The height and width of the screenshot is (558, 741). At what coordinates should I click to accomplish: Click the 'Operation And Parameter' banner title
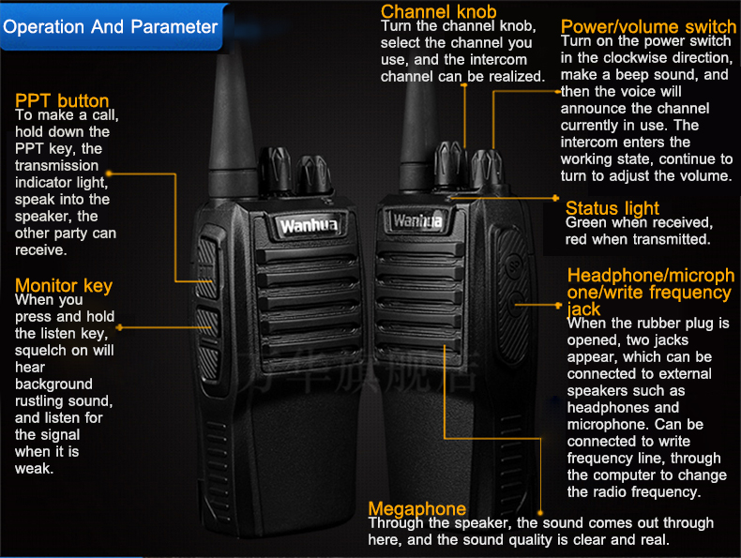[111, 26]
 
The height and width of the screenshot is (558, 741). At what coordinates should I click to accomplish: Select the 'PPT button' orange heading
[62, 100]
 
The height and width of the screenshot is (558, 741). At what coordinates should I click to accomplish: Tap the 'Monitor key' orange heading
[64, 285]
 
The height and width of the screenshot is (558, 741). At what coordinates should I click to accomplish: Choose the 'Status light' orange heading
[612, 207]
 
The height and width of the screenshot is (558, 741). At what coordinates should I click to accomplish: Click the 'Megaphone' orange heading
[417, 508]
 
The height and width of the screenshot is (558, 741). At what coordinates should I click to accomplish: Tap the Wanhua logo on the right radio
[417, 220]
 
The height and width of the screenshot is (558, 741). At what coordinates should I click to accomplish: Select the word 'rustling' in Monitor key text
[43, 401]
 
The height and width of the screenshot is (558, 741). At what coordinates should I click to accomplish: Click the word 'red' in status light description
[577, 240]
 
